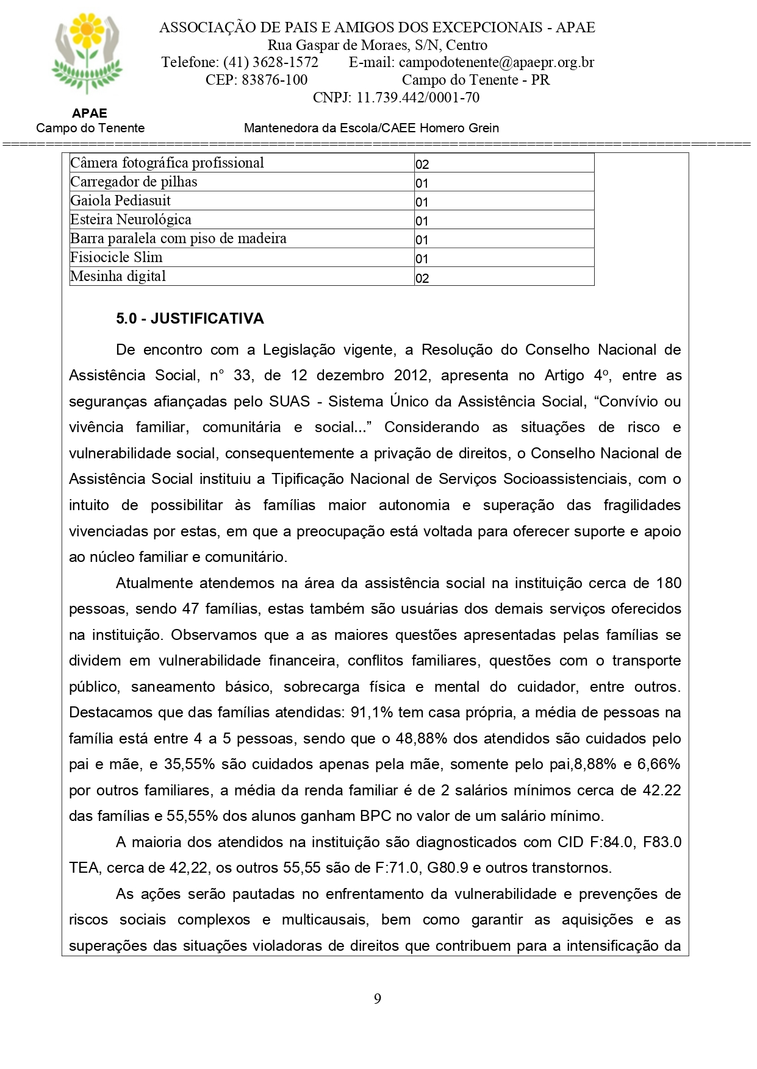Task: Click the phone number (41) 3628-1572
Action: pos(270,62)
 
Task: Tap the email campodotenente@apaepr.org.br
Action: pos(496,62)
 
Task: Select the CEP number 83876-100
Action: pos(274,80)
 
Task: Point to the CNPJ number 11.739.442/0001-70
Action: pos(418,98)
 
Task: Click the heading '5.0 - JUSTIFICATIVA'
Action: pos(190,319)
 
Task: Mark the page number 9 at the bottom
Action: pos(378,998)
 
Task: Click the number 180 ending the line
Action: pos(669,583)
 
